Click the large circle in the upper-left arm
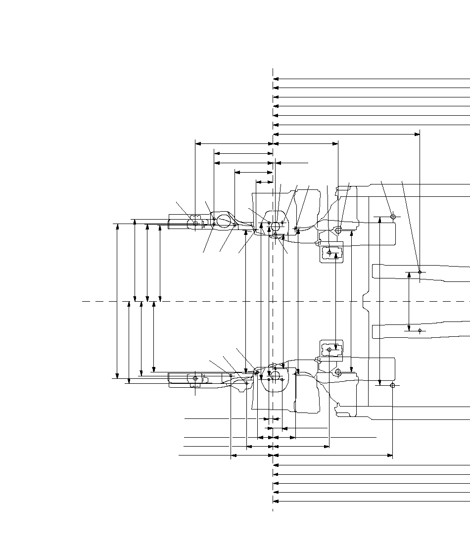pos(224,222)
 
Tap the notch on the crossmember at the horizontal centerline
pos(365,301)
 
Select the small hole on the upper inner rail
pos(420,272)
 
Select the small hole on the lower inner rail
pos(420,330)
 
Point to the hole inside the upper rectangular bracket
pos(329,253)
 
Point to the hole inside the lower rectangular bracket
pos(329,349)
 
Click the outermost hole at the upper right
pos(393,217)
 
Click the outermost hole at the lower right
pos(392,385)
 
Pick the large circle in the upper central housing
pos(275,226)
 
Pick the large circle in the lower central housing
pos(275,374)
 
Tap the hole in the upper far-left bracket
pos(195,224)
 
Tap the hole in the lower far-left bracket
pos(195,378)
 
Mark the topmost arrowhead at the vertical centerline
pos(276,79)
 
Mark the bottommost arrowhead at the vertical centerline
pos(276,501)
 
